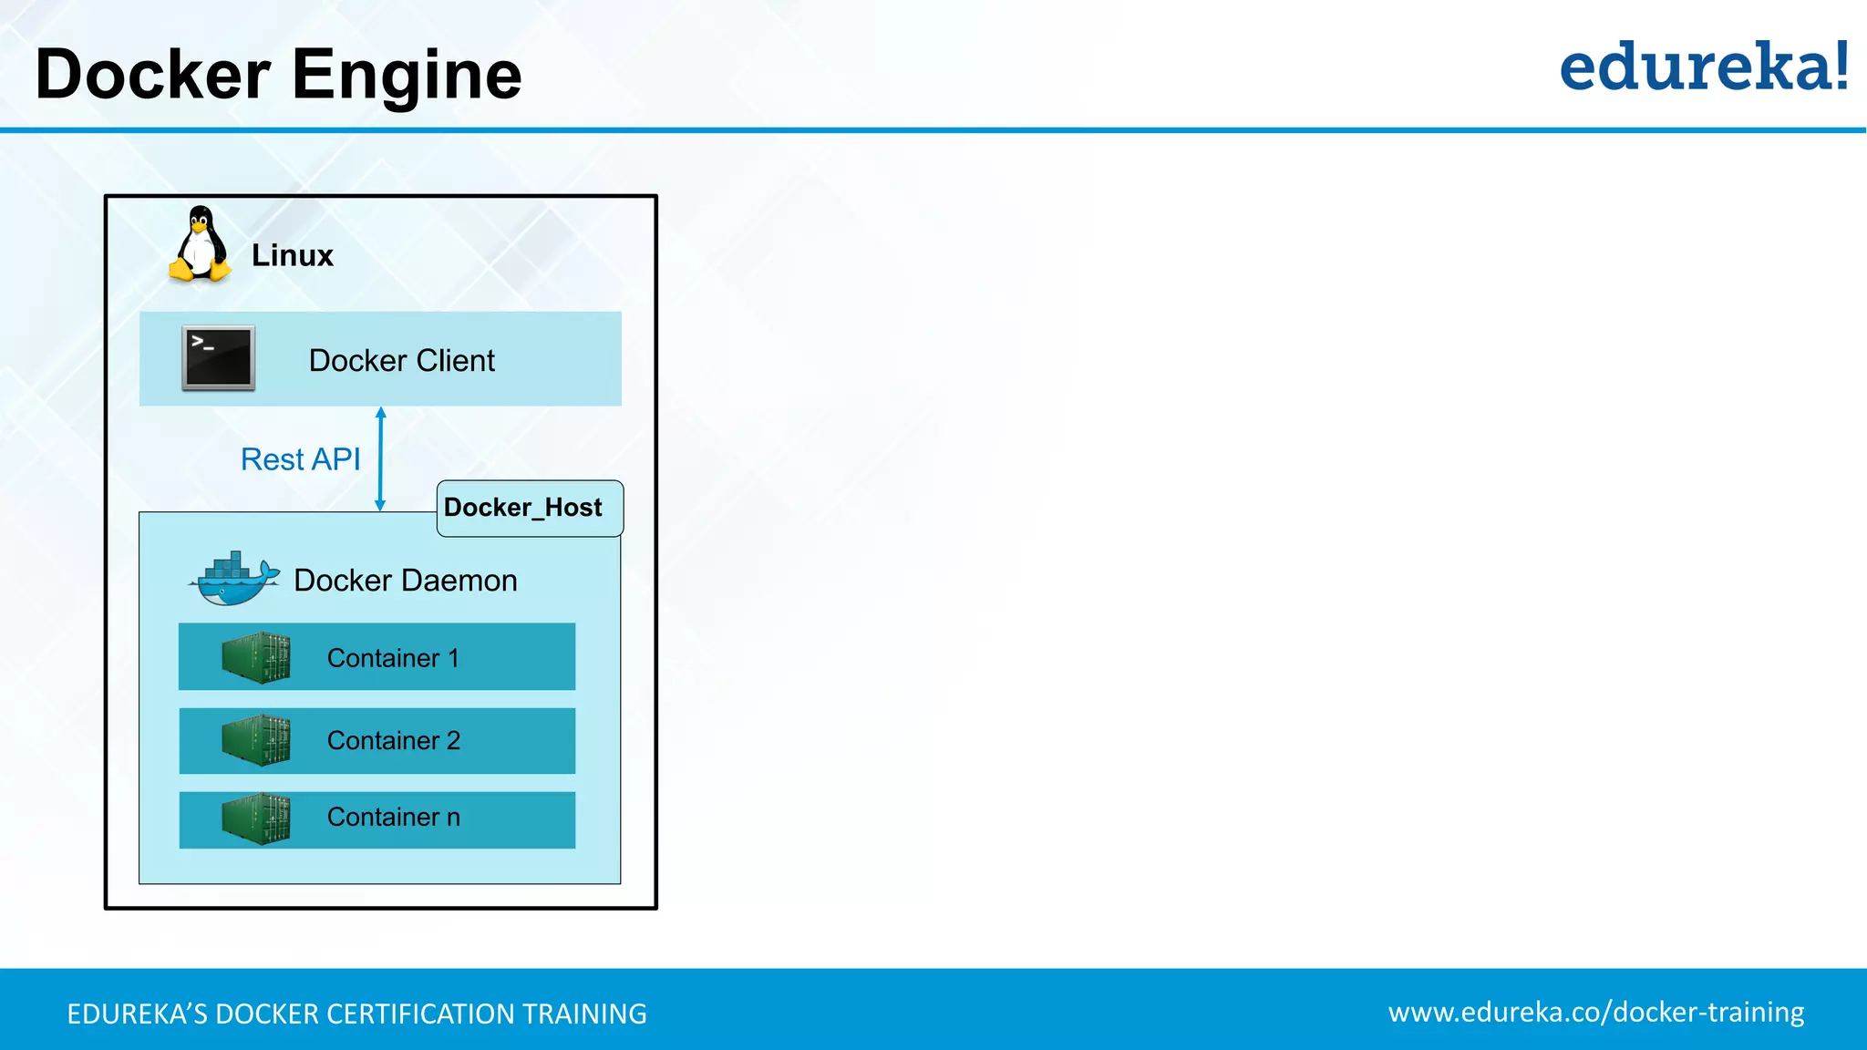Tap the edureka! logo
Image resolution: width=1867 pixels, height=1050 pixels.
coord(1703,67)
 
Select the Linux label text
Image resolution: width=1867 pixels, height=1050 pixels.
coord(292,256)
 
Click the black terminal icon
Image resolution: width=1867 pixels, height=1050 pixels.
coord(218,358)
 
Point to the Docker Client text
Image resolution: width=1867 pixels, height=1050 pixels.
coord(401,361)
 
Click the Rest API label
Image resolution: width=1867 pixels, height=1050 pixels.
coord(300,459)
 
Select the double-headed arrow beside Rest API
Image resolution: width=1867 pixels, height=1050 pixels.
coord(380,458)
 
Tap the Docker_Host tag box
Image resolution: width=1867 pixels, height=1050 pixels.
coord(530,508)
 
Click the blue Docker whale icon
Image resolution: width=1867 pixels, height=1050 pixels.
coord(233,580)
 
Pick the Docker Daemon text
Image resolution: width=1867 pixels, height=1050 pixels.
coord(405,581)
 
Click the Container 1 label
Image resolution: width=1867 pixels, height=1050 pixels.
coord(393,658)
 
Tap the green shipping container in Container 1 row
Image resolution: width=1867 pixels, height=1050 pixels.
coord(256,657)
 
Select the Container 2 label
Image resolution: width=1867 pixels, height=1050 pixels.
coord(393,740)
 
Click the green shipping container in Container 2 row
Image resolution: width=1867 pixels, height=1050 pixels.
coord(256,740)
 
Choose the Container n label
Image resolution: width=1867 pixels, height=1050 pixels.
coord(393,818)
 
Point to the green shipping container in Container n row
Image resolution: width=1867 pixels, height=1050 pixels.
coord(256,818)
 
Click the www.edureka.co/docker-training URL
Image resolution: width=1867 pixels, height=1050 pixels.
coord(1595,1013)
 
